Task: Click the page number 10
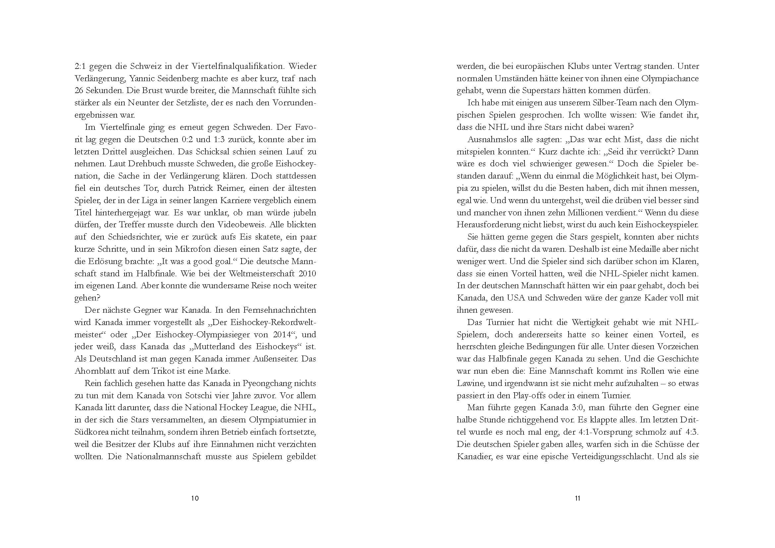click(x=195, y=498)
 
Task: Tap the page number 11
click(x=577, y=498)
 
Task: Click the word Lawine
click(x=470, y=383)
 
